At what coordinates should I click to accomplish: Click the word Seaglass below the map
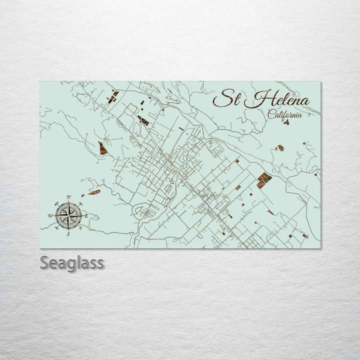[72, 263]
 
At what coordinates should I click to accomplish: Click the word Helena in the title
[278, 100]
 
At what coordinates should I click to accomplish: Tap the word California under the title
[285, 114]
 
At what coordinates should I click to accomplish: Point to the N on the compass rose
[68, 197]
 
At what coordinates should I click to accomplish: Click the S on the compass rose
[68, 234]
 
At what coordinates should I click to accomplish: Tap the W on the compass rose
[50, 216]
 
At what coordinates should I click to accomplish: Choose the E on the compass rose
[86, 216]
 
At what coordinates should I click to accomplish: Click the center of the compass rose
[68, 215]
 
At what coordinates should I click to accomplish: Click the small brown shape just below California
[286, 121]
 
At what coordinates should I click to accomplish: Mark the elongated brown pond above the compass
[94, 192]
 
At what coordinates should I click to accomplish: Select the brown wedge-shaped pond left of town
[102, 148]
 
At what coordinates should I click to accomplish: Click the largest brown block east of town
[264, 179]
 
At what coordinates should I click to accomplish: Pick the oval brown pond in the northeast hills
[280, 148]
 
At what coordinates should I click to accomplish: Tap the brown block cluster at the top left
[113, 96]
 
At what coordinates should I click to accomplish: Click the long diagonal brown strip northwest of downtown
[143, 120]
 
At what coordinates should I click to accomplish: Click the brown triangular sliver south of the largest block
[270, 212]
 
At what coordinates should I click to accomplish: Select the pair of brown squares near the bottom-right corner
[304, 235]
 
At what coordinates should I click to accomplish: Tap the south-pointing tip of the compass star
[68, 229]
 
